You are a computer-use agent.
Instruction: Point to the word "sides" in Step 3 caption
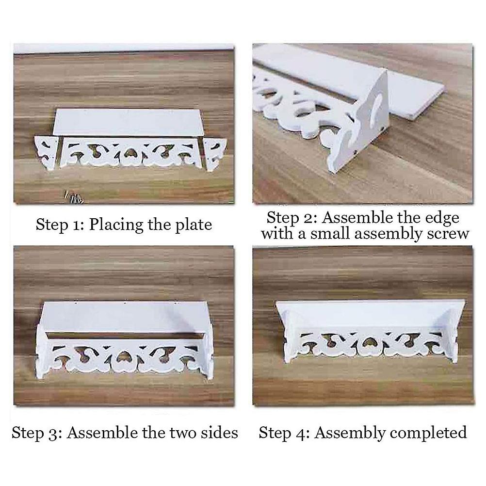click(219, 432)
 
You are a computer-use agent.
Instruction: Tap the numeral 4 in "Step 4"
click(300, 433)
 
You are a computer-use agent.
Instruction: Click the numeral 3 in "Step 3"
click(53, 433)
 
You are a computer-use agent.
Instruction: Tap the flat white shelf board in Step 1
click(127, 122)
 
